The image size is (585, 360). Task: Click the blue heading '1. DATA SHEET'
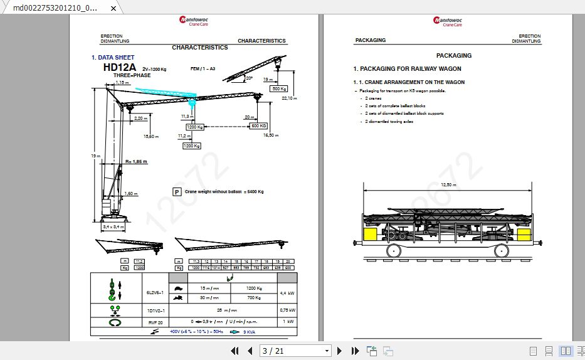click(113, 58)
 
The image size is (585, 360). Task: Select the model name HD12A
click(119, 67)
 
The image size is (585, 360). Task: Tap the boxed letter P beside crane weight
click(177, 192)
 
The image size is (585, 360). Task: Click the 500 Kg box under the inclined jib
click(279, 89)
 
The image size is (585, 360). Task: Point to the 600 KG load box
click(258, 126)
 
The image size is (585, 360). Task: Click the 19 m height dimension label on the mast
click(94, 156)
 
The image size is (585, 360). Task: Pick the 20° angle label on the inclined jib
click(249, 78)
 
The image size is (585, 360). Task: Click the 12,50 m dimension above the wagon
click(448, 185)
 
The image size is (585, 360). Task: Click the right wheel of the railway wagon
click(501, 250)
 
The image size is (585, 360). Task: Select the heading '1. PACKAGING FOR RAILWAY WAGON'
click(407, 69)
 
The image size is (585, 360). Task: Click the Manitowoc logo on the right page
click(445, 21)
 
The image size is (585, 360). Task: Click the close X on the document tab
click(113, 8)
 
